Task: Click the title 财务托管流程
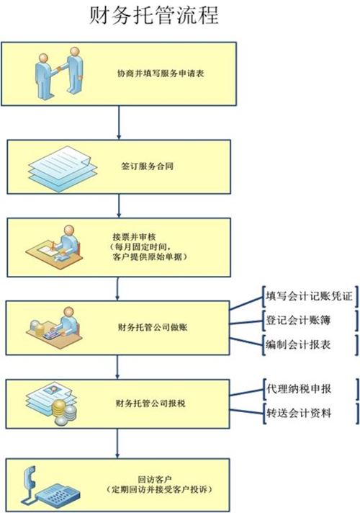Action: pos(154,15)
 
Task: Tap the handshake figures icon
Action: pos(59,73)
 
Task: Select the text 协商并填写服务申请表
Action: pos(161,73)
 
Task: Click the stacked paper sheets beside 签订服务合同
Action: pos(63,169)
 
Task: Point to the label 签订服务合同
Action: pos(147,166)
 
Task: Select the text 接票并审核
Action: pos(134,236)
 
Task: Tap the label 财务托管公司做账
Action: pos(153,327)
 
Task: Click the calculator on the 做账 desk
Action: pos(53,335)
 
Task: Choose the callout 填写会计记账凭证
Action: pos(309,296)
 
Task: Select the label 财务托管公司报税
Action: pos(150,403)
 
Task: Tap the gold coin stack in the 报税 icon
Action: pos(59,408)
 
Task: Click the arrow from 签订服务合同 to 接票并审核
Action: pos(119,206)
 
